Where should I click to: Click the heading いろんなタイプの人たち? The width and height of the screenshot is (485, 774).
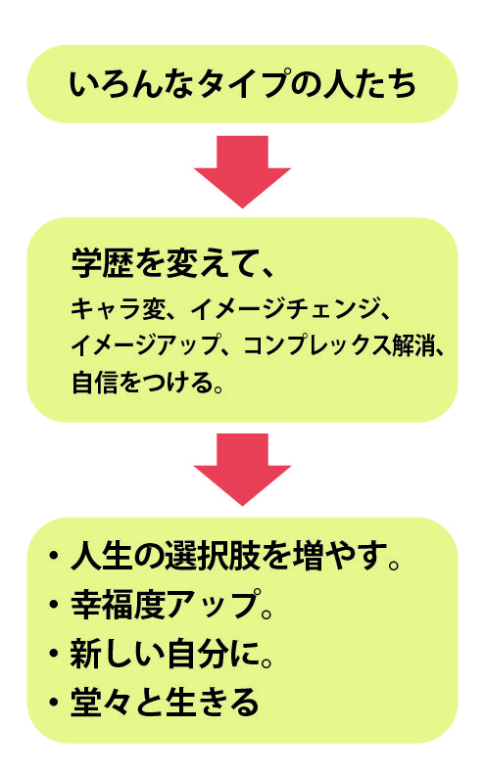click(242, 84)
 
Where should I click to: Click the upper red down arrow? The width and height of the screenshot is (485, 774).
click(242, 171)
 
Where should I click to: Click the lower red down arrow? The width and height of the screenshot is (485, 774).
click(242, 469)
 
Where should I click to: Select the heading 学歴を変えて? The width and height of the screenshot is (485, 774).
click(165, 262)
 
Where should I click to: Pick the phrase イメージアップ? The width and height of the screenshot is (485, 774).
click(146, 345)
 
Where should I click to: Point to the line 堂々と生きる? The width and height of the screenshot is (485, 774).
click(165, 701)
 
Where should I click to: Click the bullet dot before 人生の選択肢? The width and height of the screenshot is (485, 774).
click(53, 556)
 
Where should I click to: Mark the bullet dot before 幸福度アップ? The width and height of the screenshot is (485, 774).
click(53, 604)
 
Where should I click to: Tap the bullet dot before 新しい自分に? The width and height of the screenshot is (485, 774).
click(53, 653)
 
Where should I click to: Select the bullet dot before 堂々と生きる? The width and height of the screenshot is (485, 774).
click(53, 702)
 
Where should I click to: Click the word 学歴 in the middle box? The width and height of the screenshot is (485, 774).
click(102, 262)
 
